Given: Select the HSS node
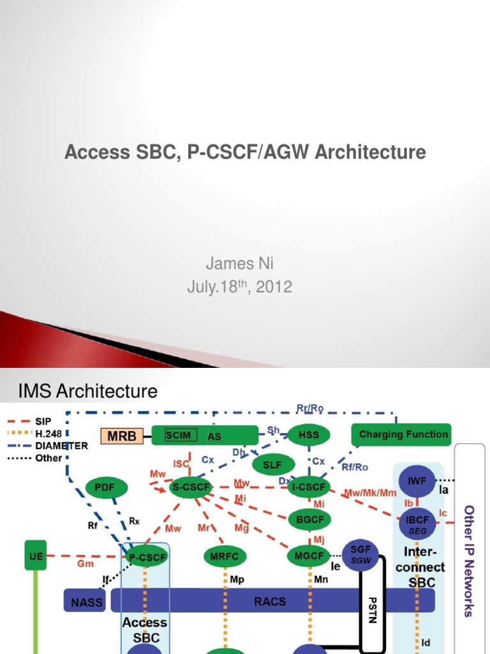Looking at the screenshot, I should pos(308,435).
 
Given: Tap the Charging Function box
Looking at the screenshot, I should pos(401,434).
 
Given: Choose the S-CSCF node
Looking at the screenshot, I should pos(193,488).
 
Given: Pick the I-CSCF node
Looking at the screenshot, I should pos(308,488).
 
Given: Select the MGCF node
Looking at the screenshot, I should pos(309,556).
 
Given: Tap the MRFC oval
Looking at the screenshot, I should pos(225,556).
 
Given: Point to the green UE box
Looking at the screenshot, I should pos(36,556).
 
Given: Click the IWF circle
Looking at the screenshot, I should pos(417,482).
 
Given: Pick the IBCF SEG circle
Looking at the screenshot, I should pos(417,524).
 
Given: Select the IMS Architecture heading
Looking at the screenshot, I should pos(88,391).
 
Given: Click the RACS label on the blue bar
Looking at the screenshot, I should pos(271,601).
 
